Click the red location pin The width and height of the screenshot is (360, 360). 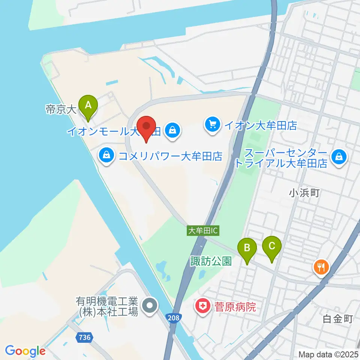point(146,127)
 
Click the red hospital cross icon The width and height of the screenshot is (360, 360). point(202,307)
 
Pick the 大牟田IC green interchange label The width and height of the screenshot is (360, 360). point(202,231)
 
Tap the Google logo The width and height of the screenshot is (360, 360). point(25,351)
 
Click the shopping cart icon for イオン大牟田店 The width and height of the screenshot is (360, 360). point(213,124)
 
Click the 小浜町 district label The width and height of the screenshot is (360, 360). point(304,193)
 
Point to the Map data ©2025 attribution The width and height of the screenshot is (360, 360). point(328,354)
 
